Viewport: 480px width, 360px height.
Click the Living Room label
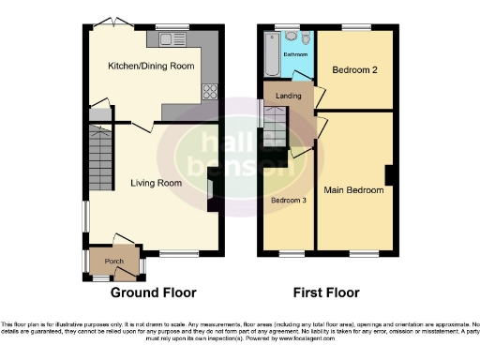(156, 183)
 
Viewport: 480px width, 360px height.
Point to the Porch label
(113, 261)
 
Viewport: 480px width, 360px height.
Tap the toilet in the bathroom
(290, 37)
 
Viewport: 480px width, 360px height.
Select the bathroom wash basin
(306, 38)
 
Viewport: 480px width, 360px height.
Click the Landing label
(287, 95)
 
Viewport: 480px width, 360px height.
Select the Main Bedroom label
(353, 190)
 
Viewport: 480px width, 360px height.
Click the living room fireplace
(213, 195)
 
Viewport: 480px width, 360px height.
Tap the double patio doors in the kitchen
(112, 23)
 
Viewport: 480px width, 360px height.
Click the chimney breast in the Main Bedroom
(388, 175)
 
